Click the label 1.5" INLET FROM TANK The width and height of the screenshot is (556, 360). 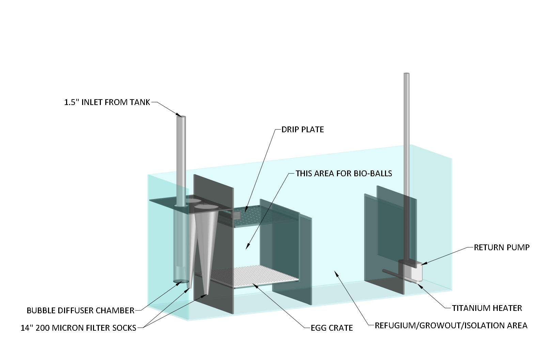click(x=107, y=102)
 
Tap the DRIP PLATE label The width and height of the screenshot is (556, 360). click(x=303, y=130)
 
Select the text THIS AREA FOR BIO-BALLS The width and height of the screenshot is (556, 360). click(x=344, y=174)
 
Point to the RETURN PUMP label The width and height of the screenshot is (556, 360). click(x=501, y=247)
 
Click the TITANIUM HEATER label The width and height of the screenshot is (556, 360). click(x=487, y=308)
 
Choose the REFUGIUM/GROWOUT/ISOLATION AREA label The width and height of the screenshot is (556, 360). click(x=451, y=326)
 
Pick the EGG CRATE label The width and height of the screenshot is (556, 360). click(x=331, y=328)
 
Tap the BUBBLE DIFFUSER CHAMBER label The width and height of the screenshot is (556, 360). click(x=80, y=311)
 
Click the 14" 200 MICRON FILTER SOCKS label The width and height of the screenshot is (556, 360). click(x=78, y=328)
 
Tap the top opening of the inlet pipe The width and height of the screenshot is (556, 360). click(x=181, y=117)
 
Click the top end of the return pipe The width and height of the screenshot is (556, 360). click(x=406, y=74)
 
